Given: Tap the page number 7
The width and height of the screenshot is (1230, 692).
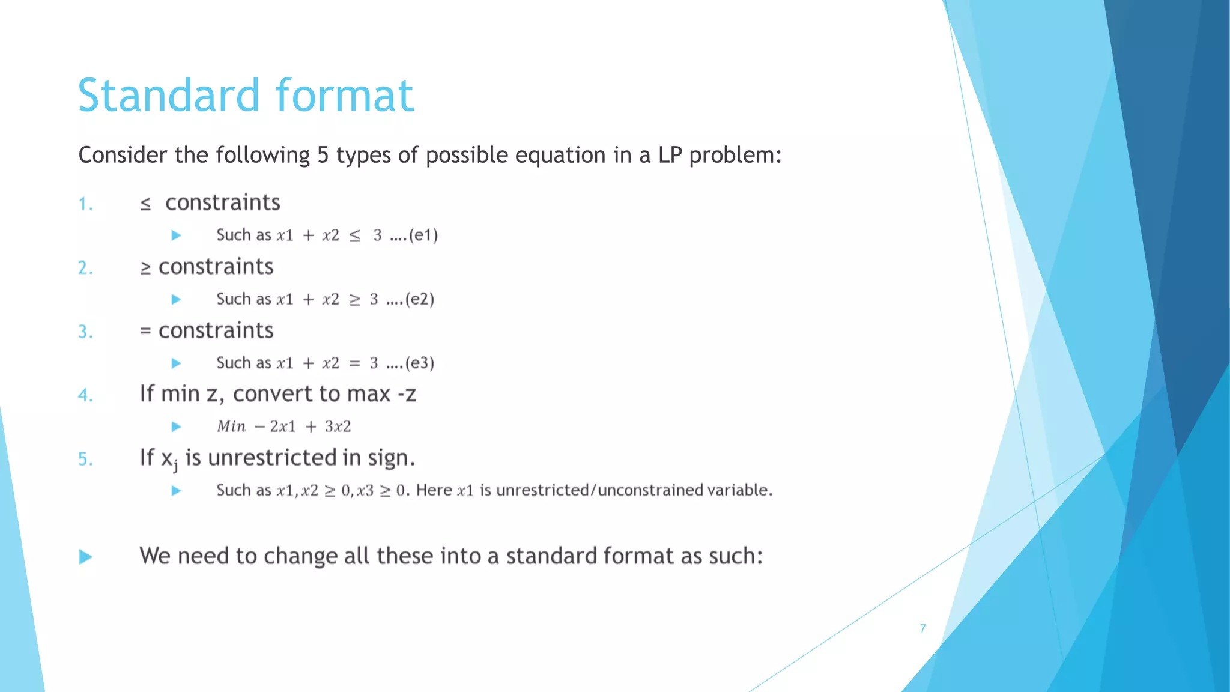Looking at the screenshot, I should [922, 628].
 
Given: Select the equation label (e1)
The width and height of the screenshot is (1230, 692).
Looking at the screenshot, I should [423, 235].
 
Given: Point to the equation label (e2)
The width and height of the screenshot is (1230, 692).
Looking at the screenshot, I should [420, 299].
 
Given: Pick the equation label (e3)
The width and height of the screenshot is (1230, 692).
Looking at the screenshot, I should [420, 363].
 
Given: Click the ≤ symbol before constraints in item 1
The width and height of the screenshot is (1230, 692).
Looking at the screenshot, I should [145, 204].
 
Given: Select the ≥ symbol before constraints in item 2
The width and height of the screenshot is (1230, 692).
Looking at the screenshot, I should [145, 268].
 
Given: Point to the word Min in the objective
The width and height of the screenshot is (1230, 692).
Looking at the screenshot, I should [231, 426].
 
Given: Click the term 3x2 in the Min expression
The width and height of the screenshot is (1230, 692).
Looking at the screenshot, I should [338, 426].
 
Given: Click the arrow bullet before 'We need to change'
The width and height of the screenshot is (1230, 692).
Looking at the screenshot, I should [86, 557].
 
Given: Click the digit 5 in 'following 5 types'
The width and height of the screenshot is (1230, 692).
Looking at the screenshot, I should [323, 155].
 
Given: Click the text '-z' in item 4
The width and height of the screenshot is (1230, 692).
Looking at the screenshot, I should [407, 394].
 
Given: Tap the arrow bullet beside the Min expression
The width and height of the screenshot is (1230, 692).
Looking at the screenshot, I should [176, 426].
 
